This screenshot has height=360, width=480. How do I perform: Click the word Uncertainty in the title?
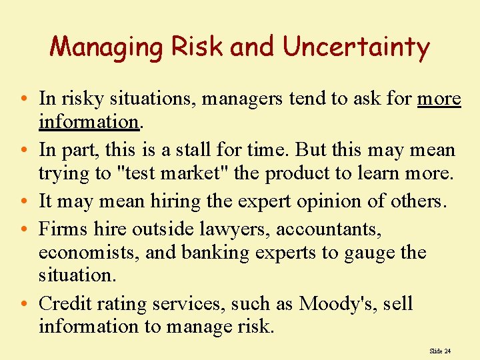pos(356,47)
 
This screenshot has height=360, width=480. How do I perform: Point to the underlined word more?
pos(439,99)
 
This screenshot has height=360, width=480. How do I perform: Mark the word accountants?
pos(329,230)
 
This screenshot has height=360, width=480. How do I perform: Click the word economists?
pos(87,253)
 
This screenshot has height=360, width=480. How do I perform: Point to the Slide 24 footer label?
pos(440,351)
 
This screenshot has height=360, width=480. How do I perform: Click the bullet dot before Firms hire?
pos(24,230)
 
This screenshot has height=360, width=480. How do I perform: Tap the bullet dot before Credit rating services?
pos(24,305)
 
